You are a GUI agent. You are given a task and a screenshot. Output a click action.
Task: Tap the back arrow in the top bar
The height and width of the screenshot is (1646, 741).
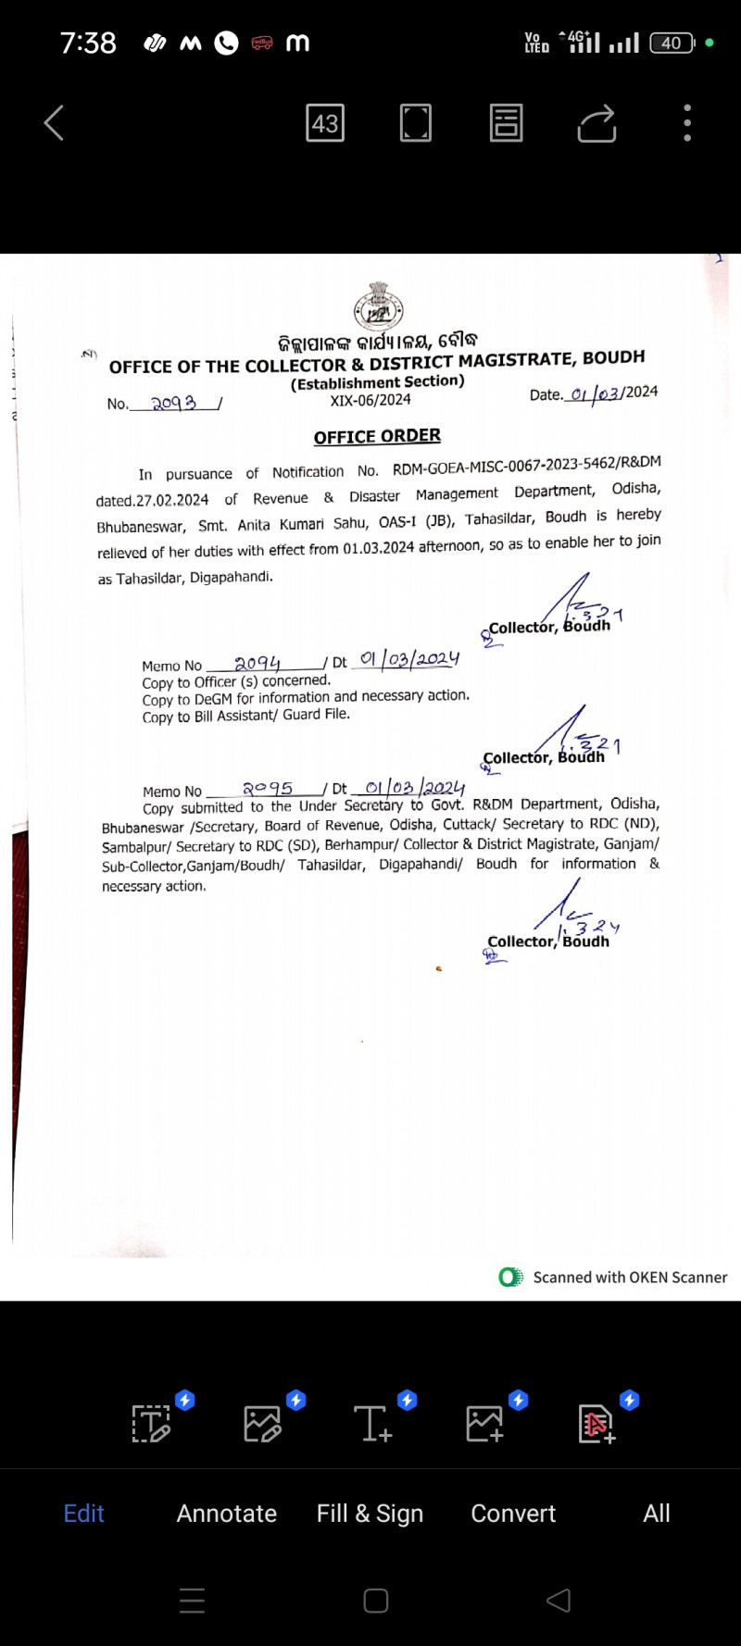[x=54, y=122]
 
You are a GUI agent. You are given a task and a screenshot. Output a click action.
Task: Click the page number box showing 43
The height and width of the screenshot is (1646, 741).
[x=325, y=123]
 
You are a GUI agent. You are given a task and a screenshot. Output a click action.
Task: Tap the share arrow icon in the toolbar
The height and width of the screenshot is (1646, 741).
[x=597, y=123]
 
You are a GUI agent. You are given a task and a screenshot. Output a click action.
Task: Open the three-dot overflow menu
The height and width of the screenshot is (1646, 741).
[x=687, y=123]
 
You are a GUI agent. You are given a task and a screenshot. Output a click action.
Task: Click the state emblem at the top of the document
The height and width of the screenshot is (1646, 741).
[x=378, y=306]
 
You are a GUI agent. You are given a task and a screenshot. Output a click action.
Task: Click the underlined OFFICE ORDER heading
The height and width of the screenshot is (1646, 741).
[x=377, y=436]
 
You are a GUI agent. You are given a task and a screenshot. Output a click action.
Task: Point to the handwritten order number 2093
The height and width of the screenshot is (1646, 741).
[x=174, y=404]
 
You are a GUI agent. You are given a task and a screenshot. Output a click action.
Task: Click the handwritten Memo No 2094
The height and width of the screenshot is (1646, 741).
[x=257, y=663]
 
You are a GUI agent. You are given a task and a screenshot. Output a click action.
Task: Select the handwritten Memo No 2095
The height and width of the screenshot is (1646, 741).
[x=268, y=789]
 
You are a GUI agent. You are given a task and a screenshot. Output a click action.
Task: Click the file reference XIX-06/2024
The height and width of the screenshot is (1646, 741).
[x=370, y=400]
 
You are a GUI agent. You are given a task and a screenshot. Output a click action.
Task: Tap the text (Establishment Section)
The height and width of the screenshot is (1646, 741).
[x=377, y=382]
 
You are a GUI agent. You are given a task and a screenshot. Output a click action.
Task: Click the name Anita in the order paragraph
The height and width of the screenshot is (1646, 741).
[x=254, y=525]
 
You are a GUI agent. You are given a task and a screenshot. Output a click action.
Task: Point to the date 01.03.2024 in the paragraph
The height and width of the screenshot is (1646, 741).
[x=378, y=548]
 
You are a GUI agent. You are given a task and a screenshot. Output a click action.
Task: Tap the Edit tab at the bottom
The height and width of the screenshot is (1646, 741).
[x=83, y=1514]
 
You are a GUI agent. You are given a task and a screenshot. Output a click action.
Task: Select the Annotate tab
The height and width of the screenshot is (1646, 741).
[x=227, y=1514]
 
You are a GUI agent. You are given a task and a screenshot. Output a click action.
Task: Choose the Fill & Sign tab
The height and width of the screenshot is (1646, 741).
[x=370, y=1514]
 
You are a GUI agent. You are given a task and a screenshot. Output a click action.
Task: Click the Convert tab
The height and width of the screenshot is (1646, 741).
[x=513, y=1514]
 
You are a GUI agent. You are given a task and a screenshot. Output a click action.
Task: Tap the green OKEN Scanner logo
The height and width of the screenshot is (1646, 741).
[x=510, y=1278]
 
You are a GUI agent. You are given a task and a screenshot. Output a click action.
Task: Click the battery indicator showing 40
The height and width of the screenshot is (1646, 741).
[x=672, y=43]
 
